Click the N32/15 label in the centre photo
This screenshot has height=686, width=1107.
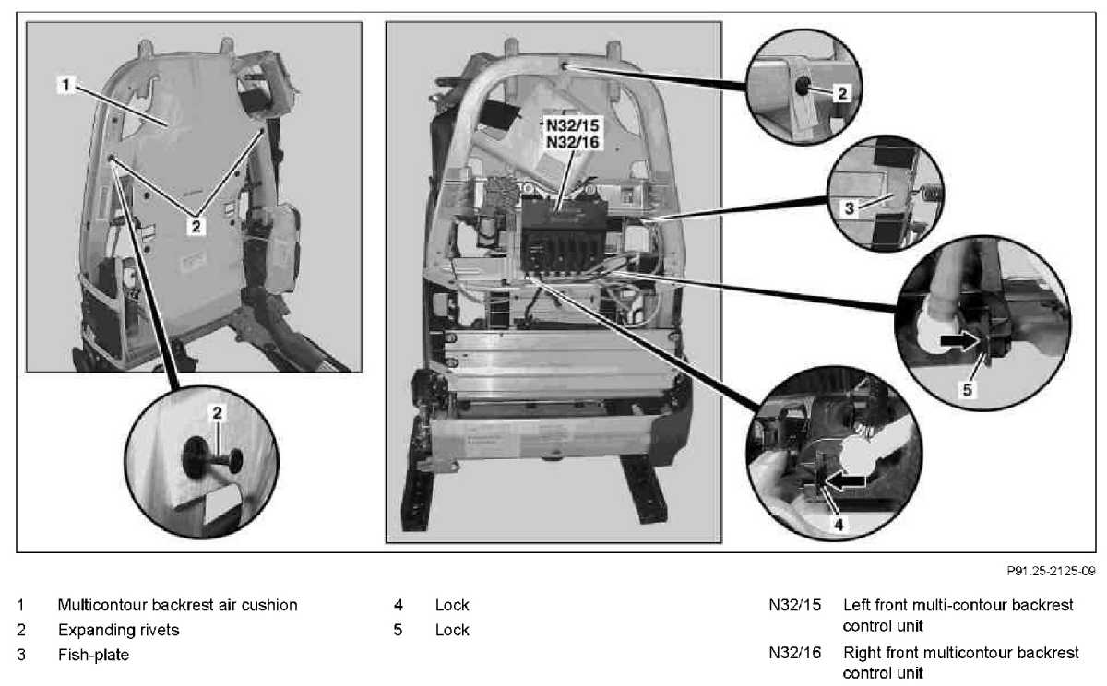(570, 126)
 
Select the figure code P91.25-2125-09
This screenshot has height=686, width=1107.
(1050, 572)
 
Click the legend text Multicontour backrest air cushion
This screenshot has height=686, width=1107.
(177, 606)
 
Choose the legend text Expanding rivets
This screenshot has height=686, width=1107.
(118, 631)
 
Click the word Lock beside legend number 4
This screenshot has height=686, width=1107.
(452, 606)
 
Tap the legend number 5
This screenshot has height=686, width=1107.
(398, 631)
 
